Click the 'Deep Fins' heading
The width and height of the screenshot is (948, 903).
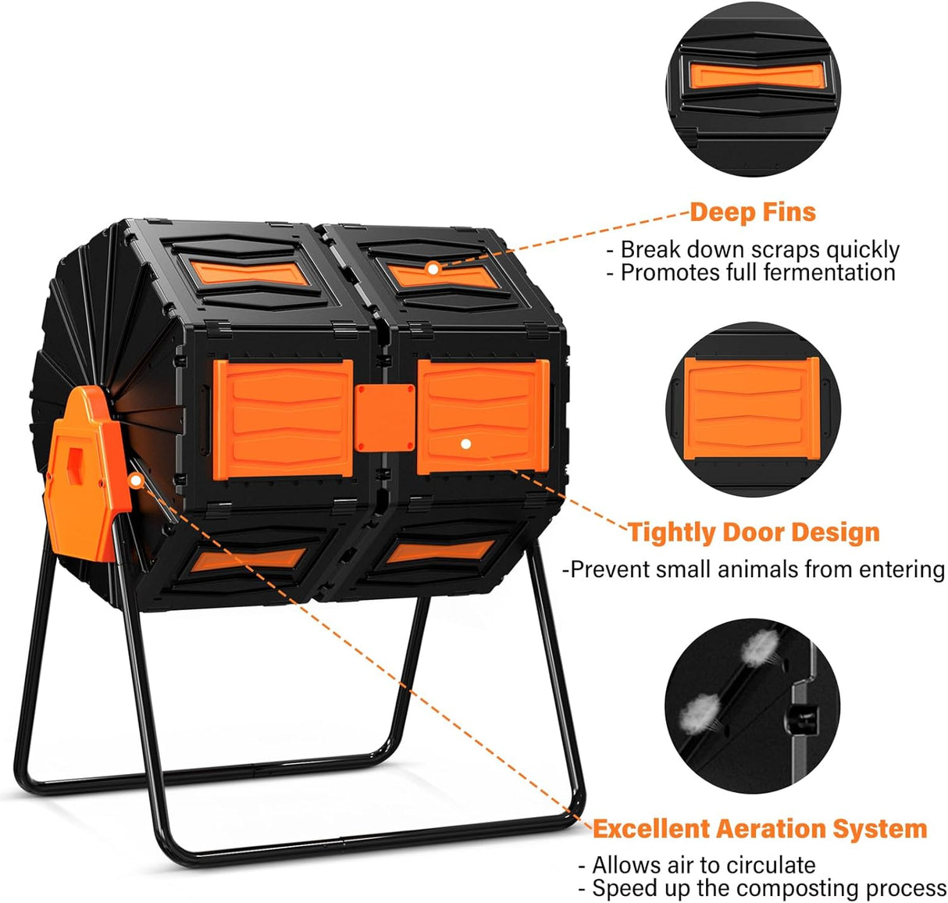click(x=752, y=212)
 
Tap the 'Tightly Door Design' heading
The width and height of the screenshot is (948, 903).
click(x=754, y=533)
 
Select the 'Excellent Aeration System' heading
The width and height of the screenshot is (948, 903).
click(x=760, y=829)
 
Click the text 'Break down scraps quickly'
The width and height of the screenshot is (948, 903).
click(x=759, y=250)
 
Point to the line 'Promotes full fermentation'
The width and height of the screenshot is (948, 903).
click(x=757, y=273)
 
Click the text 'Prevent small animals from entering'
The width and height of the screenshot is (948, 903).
click(x=755, y=569)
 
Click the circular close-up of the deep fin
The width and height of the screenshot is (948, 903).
click(x=754, y=87)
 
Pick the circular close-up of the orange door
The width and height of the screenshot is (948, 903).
click(x=754, y=409)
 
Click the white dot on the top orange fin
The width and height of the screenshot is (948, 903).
click(x=433, y=268)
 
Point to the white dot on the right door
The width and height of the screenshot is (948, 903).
click(x=466, y=444)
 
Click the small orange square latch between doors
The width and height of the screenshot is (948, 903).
click(x=383, y=418)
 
